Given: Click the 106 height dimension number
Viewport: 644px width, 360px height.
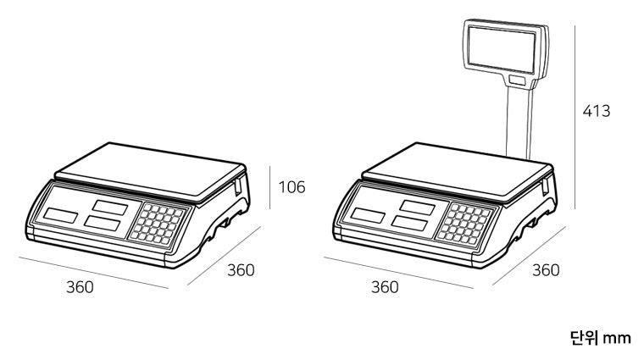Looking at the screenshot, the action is [x=292, y=187].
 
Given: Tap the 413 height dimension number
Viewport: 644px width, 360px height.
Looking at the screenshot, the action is [x=597, y=111].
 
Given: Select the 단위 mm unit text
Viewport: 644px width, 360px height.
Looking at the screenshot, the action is [x=601, y=338].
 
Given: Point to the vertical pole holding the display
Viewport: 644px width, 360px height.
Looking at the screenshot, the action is [x=519, y=122].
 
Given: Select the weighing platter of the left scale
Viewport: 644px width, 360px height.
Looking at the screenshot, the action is [x=150, y=170].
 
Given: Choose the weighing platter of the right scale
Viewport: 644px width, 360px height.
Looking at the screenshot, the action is [x=458, y=170].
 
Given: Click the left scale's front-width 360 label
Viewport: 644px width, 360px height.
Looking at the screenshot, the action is [x=80, y=287].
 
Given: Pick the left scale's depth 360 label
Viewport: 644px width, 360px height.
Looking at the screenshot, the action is [x=241, y=270].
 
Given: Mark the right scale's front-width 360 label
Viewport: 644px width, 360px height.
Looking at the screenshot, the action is [x=385, y=287].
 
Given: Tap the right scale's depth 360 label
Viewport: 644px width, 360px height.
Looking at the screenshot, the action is [x=546, y=270].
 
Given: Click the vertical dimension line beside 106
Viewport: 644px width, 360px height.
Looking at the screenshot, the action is [x=269, y=187].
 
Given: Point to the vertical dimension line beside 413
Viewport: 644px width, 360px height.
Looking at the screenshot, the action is [x=575, y=118].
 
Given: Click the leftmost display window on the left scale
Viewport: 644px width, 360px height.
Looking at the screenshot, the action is [x=61, y=215].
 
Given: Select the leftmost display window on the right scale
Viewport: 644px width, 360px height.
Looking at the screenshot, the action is [x=368, y=215].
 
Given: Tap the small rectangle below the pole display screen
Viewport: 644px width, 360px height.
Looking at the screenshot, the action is [x=518, y=80].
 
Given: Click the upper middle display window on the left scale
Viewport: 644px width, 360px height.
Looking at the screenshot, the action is [x=110, y=208].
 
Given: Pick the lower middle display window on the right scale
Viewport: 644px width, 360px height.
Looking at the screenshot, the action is [x=409, y=224].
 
